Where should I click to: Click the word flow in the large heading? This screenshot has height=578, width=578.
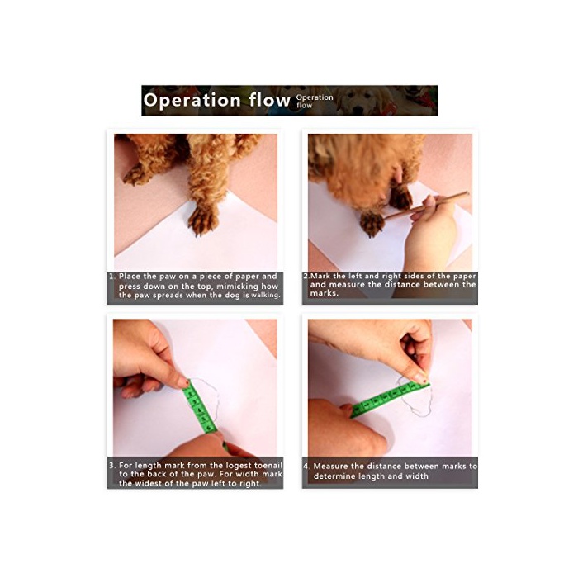tap(269, 100)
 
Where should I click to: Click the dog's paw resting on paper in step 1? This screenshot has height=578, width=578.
tap(202, 220)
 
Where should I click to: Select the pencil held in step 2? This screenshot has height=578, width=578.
tap(427, 206)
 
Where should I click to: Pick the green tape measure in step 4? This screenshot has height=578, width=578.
tap(389, 400)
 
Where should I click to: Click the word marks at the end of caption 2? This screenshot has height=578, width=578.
tap(324, 293)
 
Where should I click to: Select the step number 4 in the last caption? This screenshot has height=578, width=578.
tap(306, 467)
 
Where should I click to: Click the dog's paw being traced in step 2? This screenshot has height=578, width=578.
tap(372, 224)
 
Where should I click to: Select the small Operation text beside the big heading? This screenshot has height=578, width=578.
tap(315, 97)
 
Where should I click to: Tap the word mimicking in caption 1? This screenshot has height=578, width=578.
tap(237, 286)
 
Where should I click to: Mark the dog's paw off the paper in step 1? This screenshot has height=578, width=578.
tap(135, 175)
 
